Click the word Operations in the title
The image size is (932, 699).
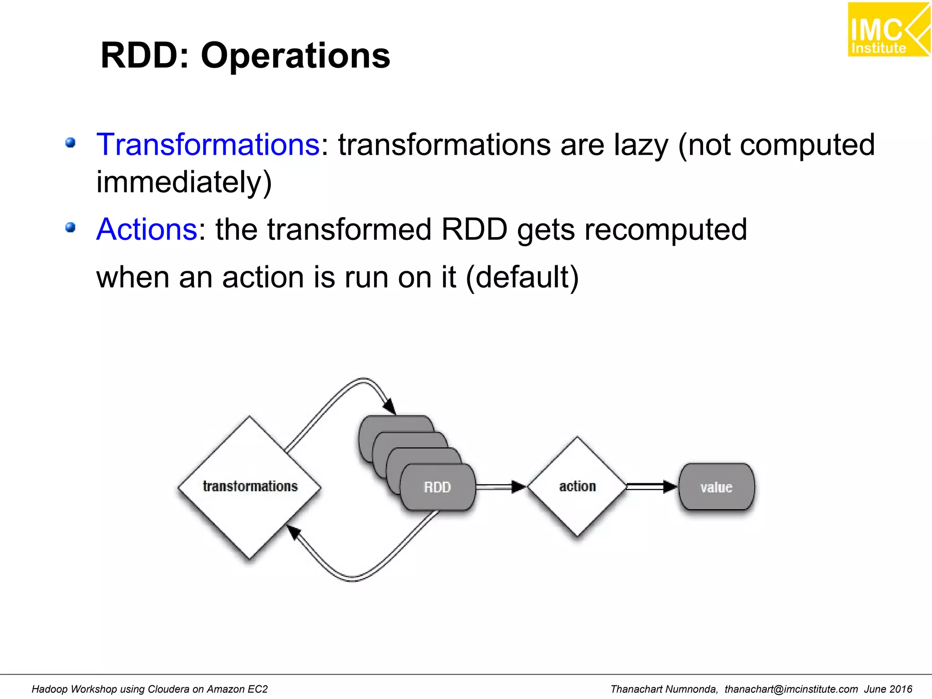click(x=295, y=56)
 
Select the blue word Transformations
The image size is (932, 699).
click(x=208, y=145)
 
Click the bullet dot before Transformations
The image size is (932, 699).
click(x=70, y=143)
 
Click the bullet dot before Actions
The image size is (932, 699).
click(x=70, y=227)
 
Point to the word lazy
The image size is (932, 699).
click(x=641, y=145)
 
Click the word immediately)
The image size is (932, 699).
click(x=184, y=182)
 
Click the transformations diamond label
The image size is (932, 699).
click(x=250, y=486)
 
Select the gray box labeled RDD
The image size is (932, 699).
click(x=437, y=487)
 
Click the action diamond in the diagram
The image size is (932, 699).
click(x=577, y=486)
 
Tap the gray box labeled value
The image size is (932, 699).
click(x=716, y=487)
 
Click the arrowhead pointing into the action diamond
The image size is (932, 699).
click(x=518, y=487)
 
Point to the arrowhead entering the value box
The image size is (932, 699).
click(x=670, y=487)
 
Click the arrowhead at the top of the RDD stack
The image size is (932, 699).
click(x=390, y=406)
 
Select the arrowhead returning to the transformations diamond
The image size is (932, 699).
click(x=294, y=531)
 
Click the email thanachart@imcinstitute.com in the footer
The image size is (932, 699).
click(x=791, y=689)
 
